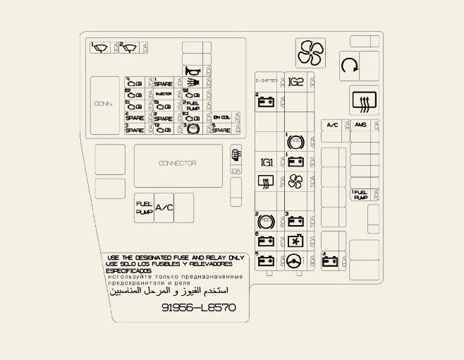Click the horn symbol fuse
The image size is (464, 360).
point(192,71)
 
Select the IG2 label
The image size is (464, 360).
point(295,82)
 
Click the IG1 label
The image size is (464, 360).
point(267,162)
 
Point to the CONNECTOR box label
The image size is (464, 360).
point(177,164)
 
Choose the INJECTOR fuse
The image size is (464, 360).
point(163,94)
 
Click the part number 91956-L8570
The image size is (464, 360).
point(199,308)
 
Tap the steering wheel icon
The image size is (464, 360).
point(295,260)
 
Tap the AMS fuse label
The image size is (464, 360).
point(361,125)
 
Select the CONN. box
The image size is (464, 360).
point(103,104)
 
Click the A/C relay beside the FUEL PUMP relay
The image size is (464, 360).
point(164,208)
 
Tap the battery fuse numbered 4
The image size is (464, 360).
point(329,260)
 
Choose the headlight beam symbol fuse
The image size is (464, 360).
point(192,83)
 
